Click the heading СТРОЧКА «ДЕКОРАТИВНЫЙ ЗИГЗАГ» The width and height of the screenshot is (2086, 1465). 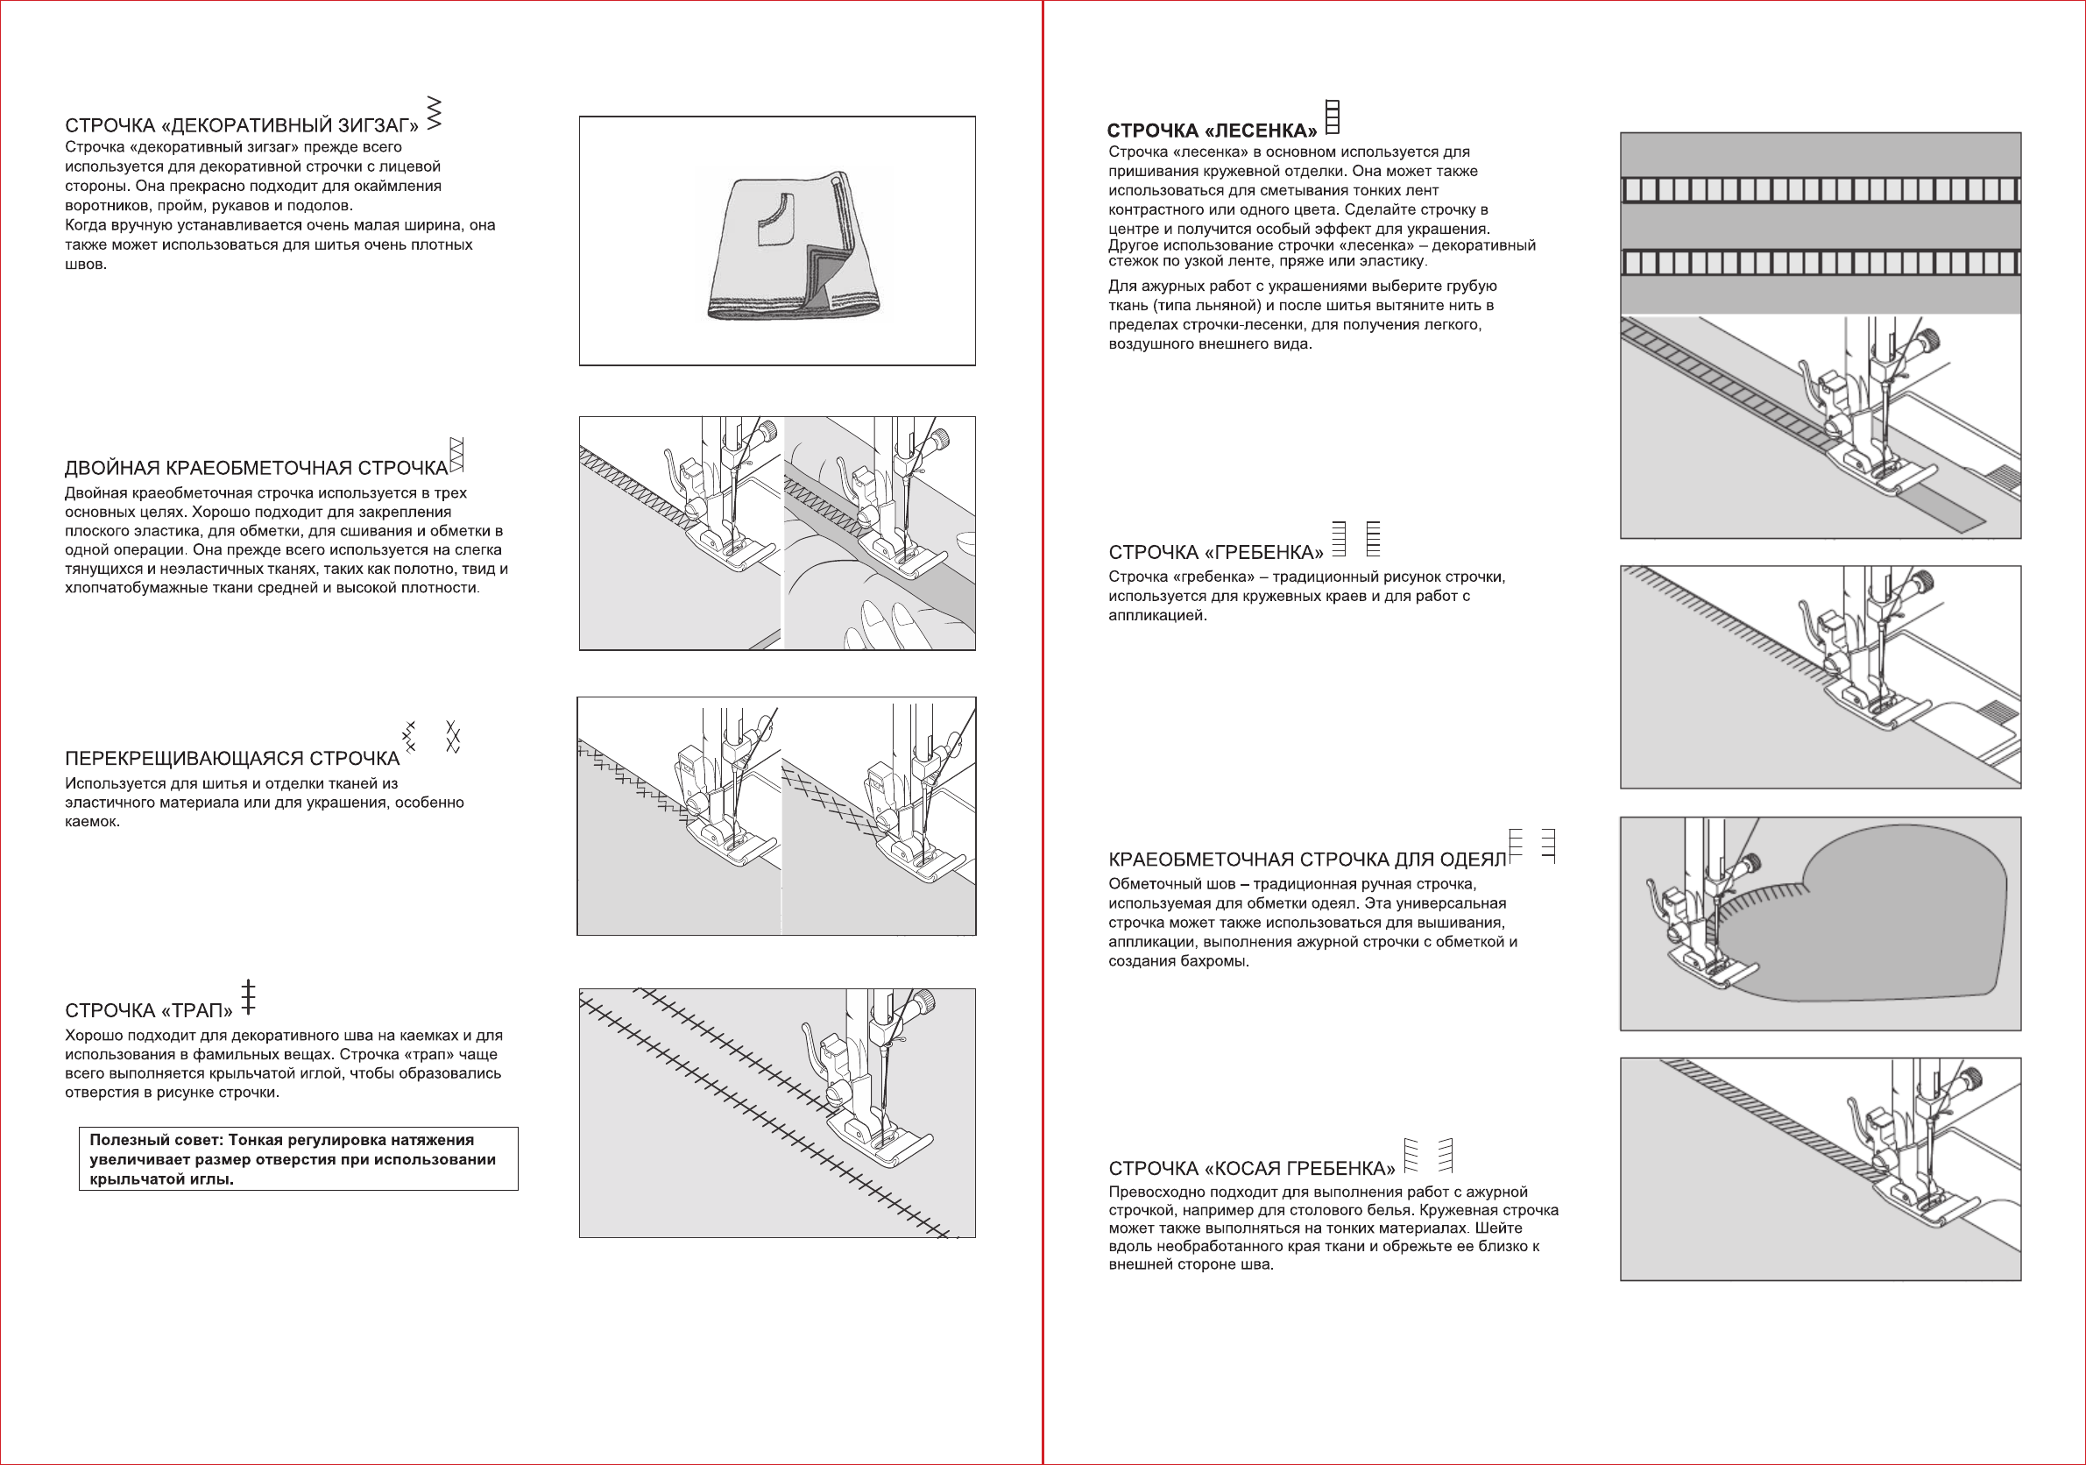tap(242, 125)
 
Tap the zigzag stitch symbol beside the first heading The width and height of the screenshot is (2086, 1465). tap(435, 114)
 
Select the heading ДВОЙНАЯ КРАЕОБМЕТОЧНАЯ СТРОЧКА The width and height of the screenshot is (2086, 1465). tap(256, 468)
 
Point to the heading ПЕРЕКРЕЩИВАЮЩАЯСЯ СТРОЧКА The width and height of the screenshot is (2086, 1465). tap(231, 759)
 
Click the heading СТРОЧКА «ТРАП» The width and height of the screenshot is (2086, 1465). tap(148, 1010)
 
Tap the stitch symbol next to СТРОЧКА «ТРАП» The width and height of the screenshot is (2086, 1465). tap(248, 997)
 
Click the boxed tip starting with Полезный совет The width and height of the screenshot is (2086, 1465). tap(298, 1158)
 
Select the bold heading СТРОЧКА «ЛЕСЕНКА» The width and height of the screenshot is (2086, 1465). tap(1211, 131)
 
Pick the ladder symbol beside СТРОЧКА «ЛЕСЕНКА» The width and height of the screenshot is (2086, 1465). tap(1333, 117)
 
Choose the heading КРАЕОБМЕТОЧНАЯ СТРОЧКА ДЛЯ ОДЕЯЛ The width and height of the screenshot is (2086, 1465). tap(1306, 860)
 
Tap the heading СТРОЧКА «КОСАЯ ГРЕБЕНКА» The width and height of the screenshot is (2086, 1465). tap(1251, 1169)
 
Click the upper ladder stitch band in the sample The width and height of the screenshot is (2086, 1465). tap(1820, 190)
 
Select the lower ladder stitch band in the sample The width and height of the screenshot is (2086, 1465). tap(1820, 263)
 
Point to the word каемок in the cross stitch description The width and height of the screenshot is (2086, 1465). tap(92, 822)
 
